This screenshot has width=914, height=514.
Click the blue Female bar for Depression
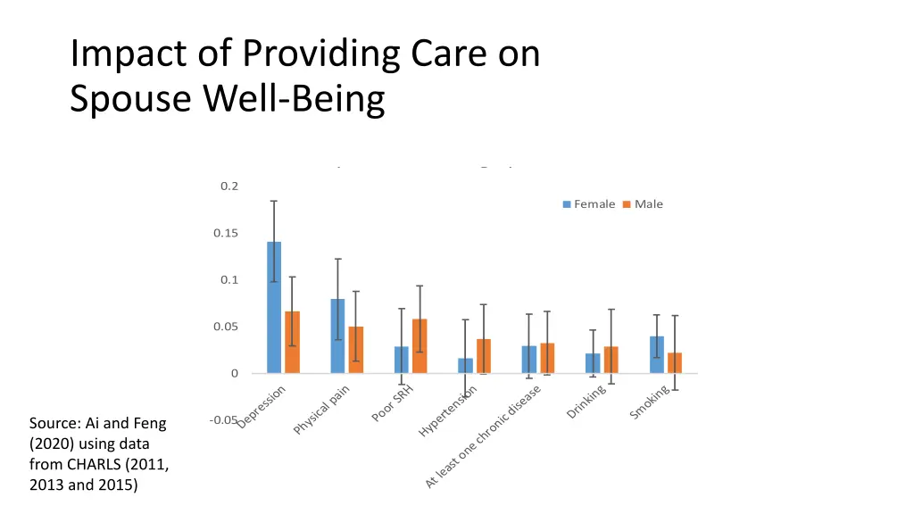pyautogui.click(x=274, y=307)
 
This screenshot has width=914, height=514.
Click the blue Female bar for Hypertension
pyautogui.click(x=465, y=366)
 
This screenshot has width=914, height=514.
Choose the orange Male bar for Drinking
pyautogui.click(x=611, y=360)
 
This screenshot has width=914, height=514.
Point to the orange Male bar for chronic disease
pyautogui.click(x=547, y=358)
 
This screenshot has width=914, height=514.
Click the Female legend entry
pyautogui.click(x=589, y=204)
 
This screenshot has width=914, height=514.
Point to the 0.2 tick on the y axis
pyautogui.click(x=229, y=186)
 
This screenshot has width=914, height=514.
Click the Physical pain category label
pyautogui.click(x=322, y=410)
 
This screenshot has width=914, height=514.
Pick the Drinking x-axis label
pyautogui.click(x=586, y=403)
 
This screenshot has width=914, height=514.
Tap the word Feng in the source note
pyautogui.click(x=149, y=423)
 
